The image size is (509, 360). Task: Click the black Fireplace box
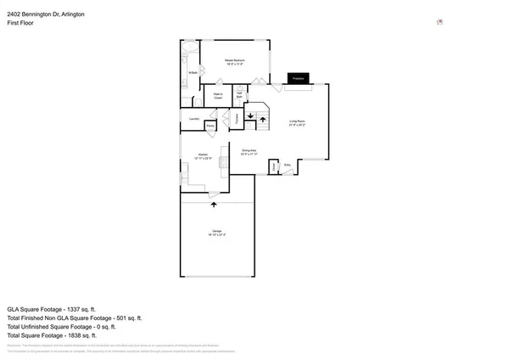point(298,78)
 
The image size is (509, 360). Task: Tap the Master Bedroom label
point(235,62)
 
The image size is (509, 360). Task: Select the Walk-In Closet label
point(218,96)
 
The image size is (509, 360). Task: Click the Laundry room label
point(193,119)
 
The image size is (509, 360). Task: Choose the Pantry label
point(210,126)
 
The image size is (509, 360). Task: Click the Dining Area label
point(248,152)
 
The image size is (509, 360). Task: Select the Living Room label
point(295,123)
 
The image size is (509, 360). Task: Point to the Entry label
point(287,164)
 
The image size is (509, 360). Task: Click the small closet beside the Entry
point(274,166)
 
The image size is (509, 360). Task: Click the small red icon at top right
point(439,23)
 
